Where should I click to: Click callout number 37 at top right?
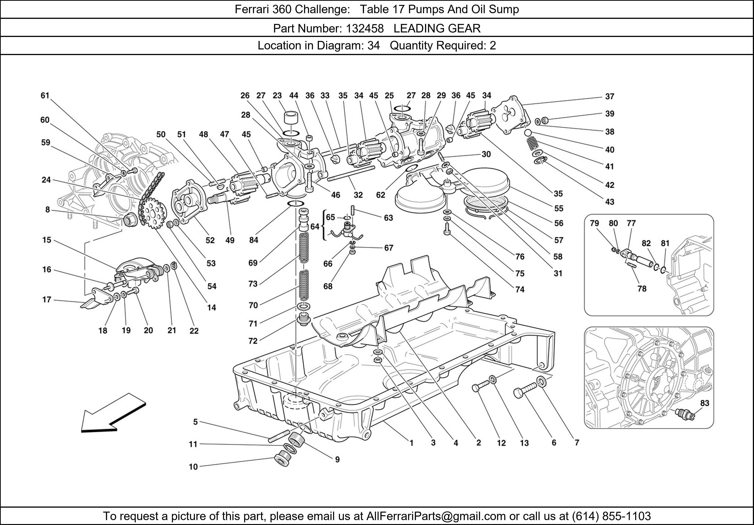(609, 97)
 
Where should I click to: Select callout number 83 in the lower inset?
(705, 403)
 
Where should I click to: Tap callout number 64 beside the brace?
(315, 227)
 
